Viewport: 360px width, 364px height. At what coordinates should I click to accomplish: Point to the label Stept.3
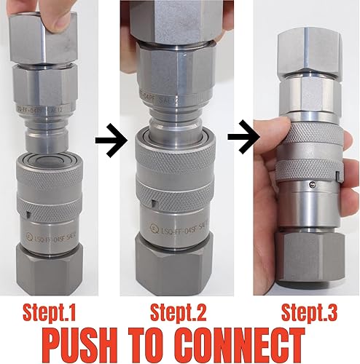point(308,313)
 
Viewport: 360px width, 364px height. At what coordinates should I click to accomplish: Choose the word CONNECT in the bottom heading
point(251,344)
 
